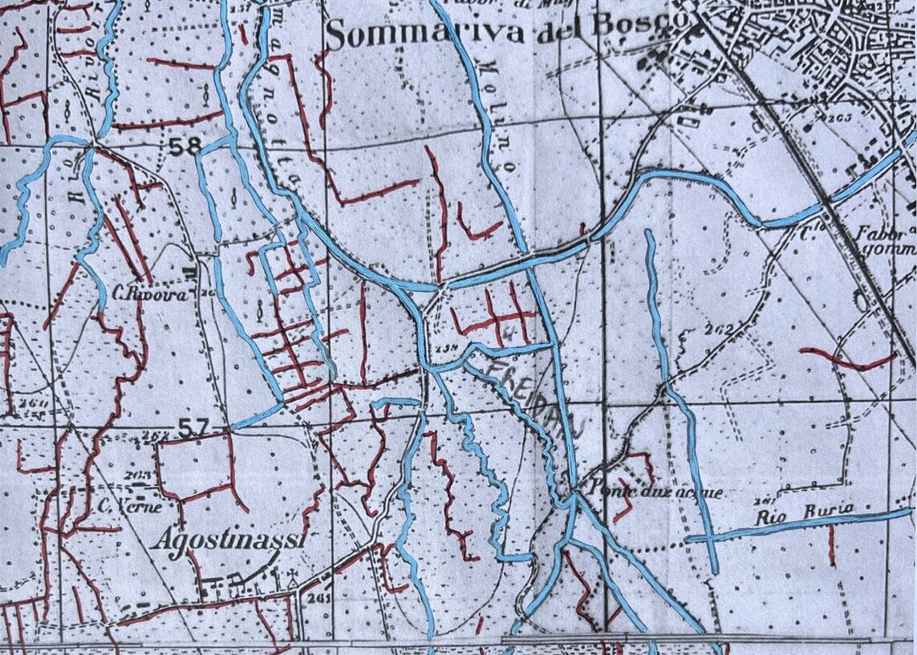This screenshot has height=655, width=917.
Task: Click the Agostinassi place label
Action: click(229, 540)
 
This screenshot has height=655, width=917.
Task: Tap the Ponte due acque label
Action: click(655, 491)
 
